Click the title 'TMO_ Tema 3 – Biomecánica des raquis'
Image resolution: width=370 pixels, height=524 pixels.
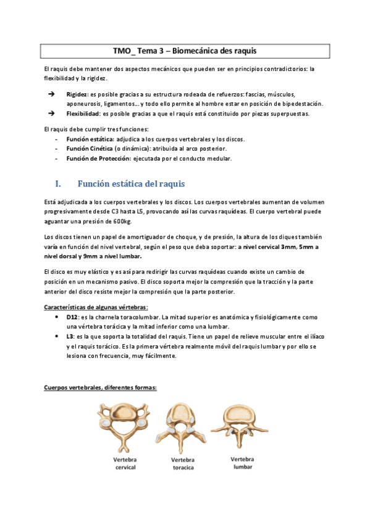(x=185, y=50)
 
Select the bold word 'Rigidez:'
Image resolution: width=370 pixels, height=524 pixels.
(x=77, y=94)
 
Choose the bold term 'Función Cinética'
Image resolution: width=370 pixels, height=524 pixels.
(x=90, y=149)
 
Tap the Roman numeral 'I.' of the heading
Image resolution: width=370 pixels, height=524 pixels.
(x=59, y=184)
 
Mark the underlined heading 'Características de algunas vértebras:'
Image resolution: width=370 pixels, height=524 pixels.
(x=96, y=307)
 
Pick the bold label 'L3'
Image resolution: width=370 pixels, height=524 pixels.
(x=70, y=336)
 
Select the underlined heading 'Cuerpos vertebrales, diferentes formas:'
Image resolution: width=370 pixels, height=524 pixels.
(x=100, y=387)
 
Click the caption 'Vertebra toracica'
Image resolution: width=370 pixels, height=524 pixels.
(x=183, y=464)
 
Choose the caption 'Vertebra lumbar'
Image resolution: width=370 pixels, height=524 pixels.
(x=242, y=463)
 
